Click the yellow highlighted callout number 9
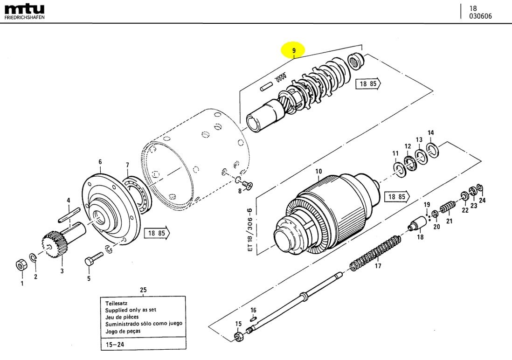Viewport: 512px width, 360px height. coord(293,50)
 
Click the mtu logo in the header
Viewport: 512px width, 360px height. coord(25,9)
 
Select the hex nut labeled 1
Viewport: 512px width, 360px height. coord(21,265)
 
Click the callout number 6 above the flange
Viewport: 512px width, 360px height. coord(100,162)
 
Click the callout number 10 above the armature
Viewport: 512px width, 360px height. coord(318,172)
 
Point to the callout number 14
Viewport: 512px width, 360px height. coord(431,133)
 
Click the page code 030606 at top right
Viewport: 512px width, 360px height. coord(480,16)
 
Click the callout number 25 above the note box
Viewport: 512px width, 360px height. coord(143,290)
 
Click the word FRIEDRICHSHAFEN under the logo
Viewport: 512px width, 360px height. coord(25,17)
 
